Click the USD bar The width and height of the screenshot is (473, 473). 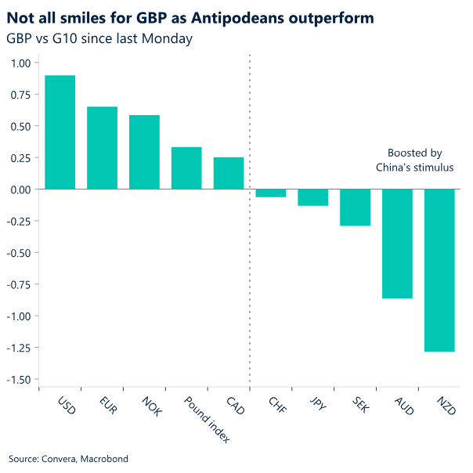[60, 132]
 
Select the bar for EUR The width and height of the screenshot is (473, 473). [103, 148]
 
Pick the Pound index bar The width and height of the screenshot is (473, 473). [186, 168]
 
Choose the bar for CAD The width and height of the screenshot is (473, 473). [229, 173]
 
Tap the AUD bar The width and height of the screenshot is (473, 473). [397, 244]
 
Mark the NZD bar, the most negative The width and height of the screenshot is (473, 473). [439, 270]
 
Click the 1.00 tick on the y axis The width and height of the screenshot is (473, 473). [20, 63]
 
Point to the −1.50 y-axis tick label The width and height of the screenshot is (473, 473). [19, 379]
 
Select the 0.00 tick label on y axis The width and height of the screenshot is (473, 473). [20, 190]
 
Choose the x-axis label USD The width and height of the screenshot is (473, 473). [67, 407]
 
